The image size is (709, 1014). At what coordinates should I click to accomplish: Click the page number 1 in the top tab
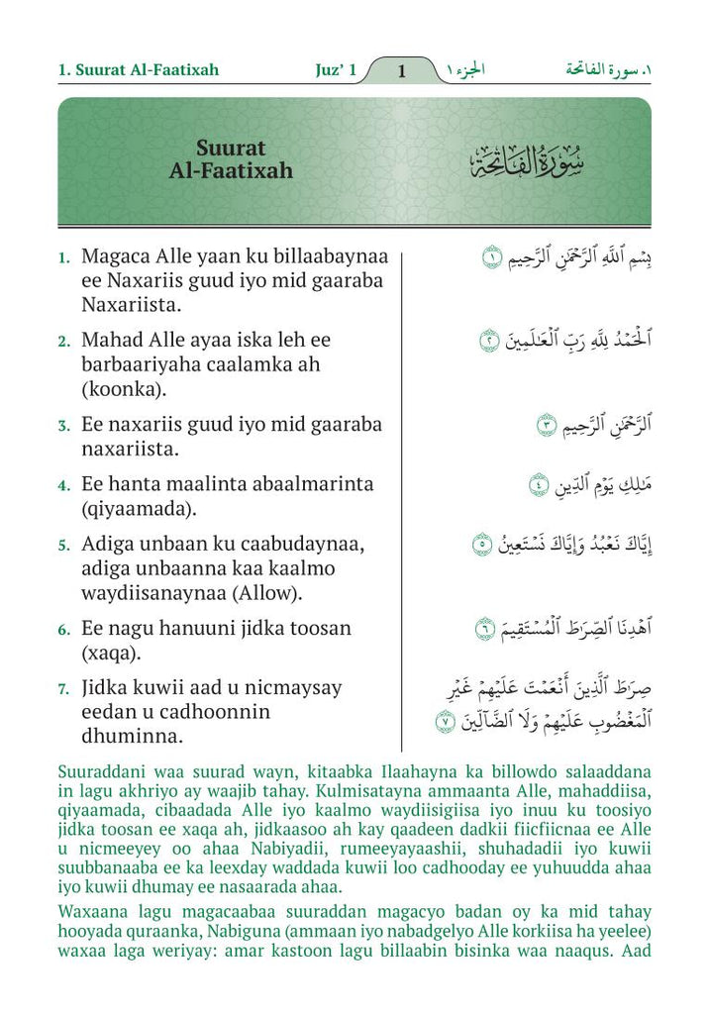click(x=401, y=71)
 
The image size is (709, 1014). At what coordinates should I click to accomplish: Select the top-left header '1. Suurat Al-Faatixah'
click(x=139, y=70)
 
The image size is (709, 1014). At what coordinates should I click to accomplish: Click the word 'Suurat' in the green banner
click(x=231, y=149)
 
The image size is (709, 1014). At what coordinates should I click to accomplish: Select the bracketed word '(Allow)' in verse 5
click(x=265, y=593)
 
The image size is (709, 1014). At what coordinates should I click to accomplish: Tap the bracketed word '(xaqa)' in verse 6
click(x=113, y=654)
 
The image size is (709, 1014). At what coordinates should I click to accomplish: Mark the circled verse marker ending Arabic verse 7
click(x=446, y=723)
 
